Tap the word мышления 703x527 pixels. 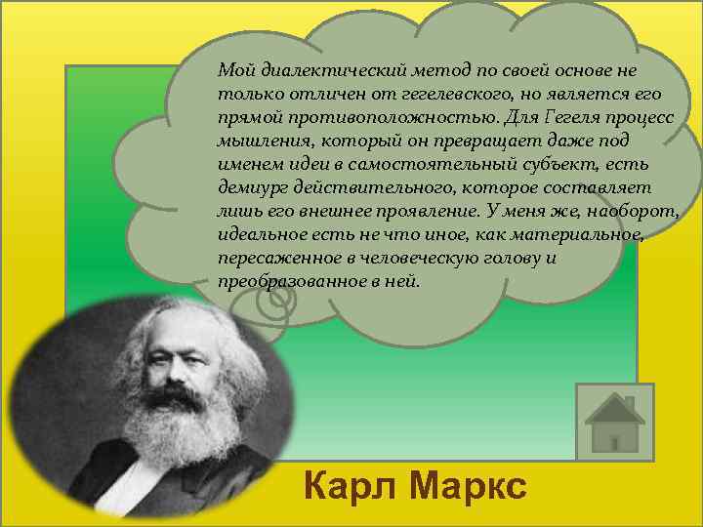tap(257, 141)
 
